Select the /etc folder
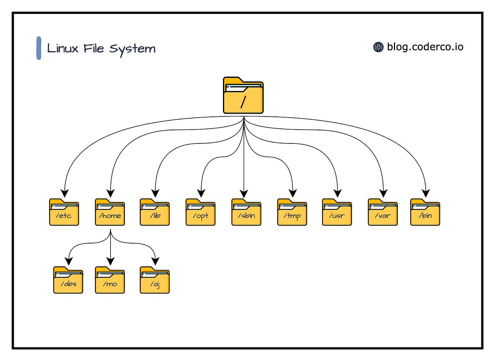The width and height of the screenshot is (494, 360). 64,213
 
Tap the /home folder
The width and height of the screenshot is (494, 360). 110,213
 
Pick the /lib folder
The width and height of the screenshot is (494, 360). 155,213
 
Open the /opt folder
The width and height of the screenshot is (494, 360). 200,213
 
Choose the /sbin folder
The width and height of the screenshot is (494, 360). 246,213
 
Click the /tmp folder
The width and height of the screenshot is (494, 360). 292,213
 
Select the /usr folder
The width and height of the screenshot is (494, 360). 337,213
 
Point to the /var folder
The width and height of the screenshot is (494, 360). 383,213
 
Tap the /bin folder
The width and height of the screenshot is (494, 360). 425,213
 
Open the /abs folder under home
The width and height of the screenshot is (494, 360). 68,281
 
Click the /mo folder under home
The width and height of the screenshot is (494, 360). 110,281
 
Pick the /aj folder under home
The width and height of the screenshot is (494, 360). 155,281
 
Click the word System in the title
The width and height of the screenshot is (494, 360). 132,49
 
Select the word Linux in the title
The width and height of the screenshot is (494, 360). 63,48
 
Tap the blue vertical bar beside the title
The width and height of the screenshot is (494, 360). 39,48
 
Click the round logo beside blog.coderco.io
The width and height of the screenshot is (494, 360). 378,47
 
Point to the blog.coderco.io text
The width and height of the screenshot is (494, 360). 425,47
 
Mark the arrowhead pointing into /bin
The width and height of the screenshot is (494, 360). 426,193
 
